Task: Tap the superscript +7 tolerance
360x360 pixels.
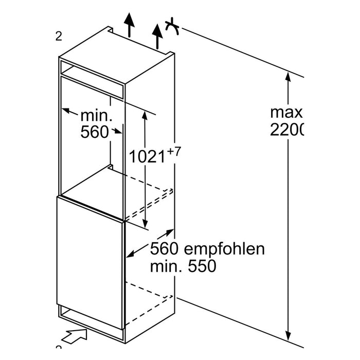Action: (x=175, y=151)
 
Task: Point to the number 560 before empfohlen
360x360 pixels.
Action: (x=165, y=250)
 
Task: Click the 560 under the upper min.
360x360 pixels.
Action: (x=95, y=133)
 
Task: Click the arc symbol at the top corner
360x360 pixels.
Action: (x=172, y=27)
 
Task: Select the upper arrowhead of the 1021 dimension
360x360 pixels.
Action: (x=146, y=115)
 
